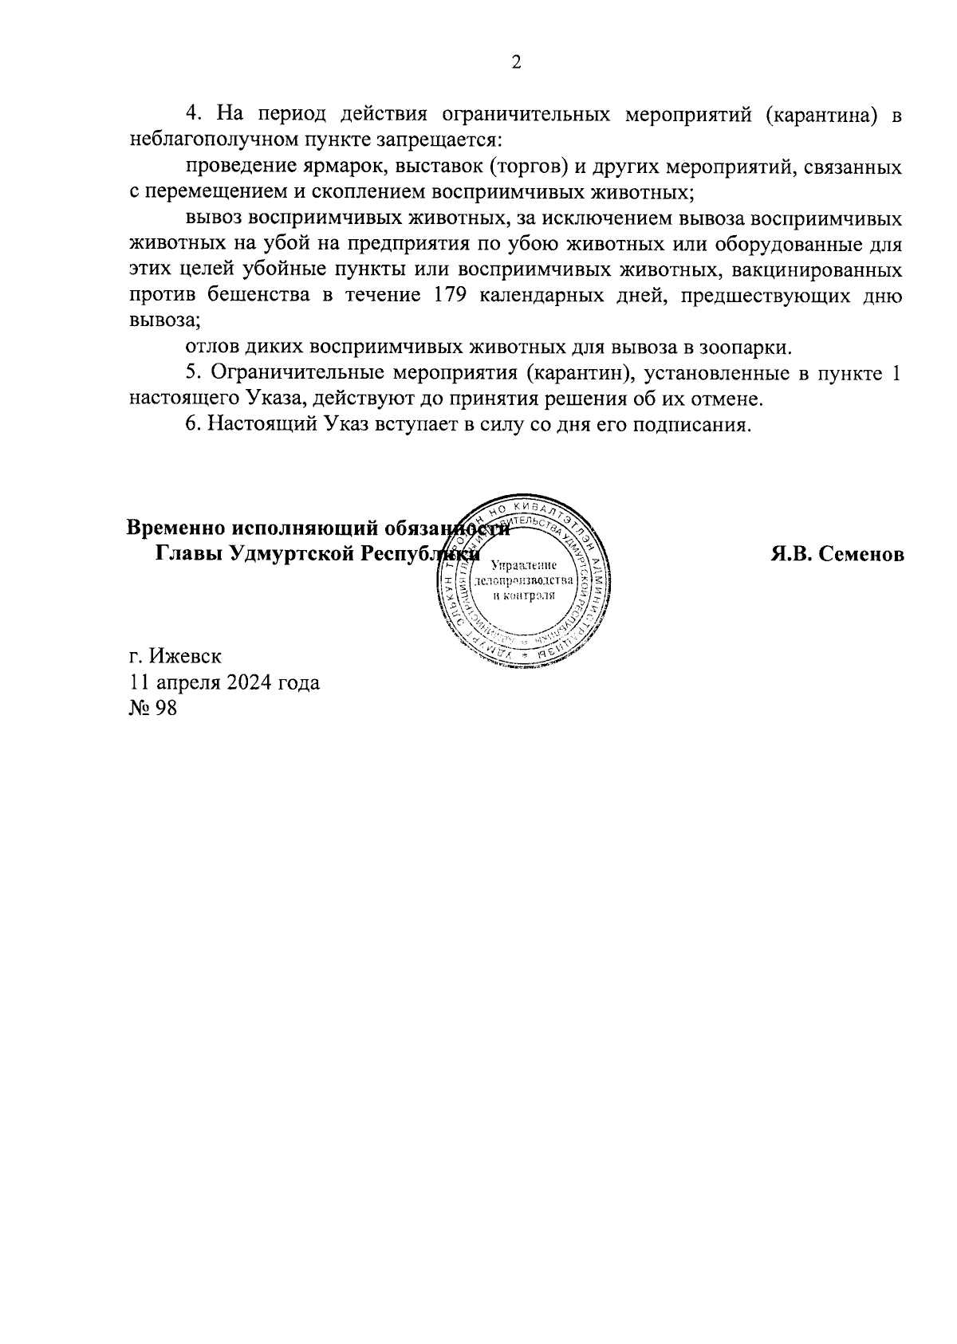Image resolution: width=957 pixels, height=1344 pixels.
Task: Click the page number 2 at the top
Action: coord(516,63)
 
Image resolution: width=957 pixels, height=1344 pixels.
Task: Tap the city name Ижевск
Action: coord(184,657)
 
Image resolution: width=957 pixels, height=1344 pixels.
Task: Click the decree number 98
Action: coord(166,708)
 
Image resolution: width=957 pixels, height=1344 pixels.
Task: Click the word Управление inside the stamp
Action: coord(523,565)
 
